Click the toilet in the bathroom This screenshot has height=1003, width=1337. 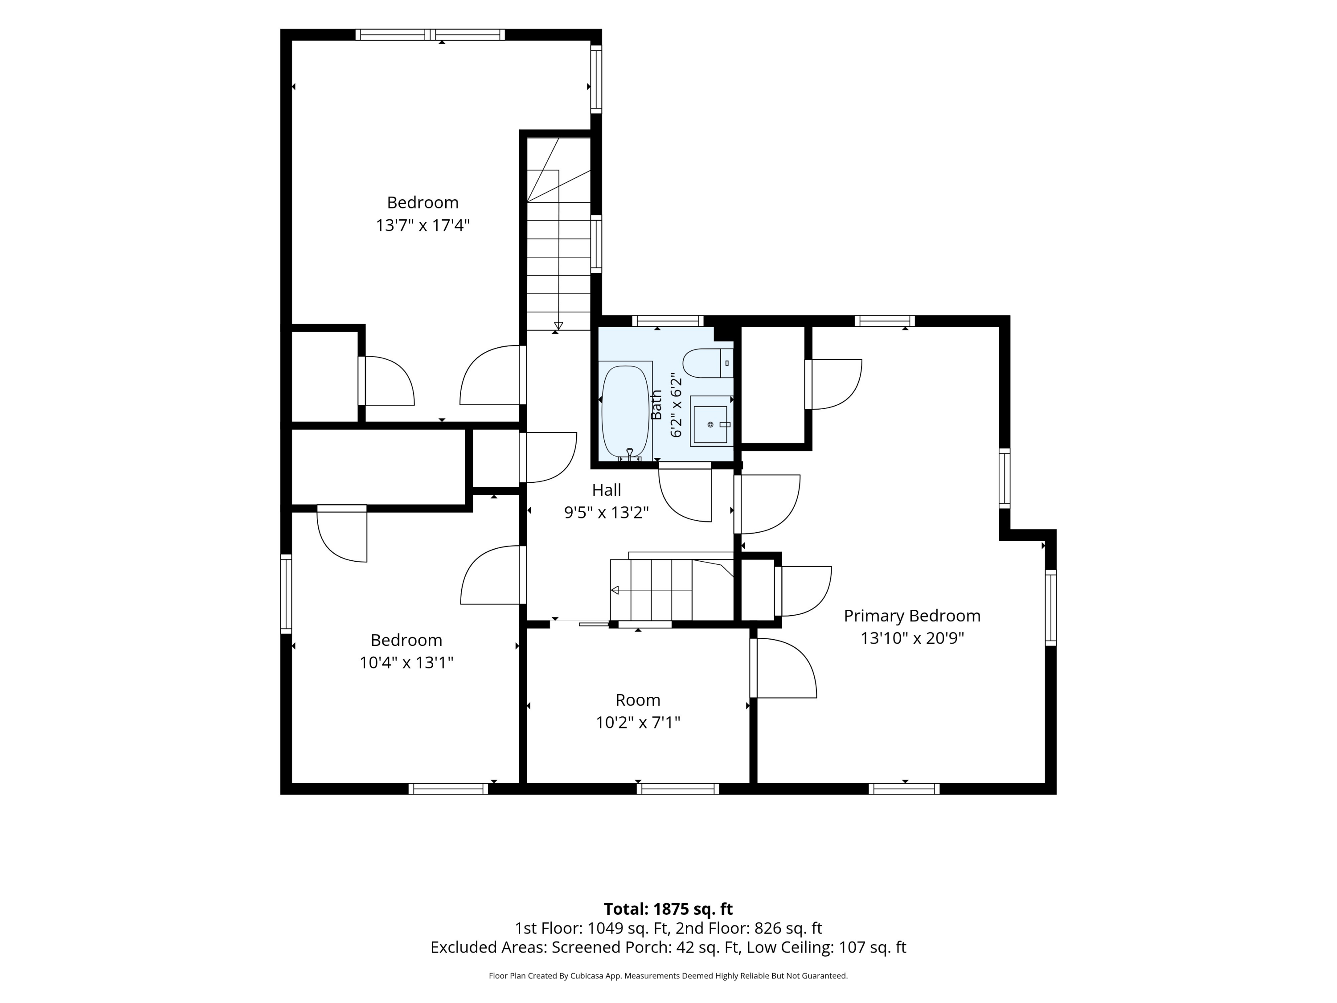[708, 363]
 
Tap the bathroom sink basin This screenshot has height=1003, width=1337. [710, 424]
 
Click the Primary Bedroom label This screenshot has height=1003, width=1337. [912, 616]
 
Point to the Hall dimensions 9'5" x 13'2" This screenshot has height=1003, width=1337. [606, 513]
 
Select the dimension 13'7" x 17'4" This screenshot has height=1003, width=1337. [422, 226]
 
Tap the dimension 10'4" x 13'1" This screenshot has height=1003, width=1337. [406, 662]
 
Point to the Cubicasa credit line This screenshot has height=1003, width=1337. [668, 975]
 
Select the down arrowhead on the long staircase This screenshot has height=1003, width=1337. [558, 326]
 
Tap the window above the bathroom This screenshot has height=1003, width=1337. [668, 321]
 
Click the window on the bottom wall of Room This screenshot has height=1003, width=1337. [677, 789]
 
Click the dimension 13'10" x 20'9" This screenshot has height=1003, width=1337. [912, 638]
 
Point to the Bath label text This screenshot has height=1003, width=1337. [656, 405]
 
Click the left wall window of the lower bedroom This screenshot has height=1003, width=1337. [286, 594]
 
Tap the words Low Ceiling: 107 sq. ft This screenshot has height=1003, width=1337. [826, 947]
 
